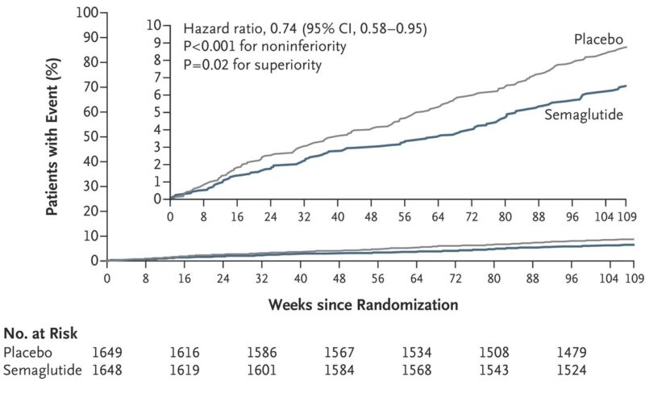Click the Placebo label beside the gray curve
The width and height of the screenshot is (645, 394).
click(598, 39)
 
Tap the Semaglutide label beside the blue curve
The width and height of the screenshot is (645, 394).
click(584, 115)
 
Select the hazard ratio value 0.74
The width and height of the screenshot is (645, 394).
click(283, 28)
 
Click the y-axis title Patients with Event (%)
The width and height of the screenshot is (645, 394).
click(52, 136)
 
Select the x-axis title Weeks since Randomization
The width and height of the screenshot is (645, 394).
click(364, 305)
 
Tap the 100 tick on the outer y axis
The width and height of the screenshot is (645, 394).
click(87, 13)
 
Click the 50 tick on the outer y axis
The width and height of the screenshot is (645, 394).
click(91, 136)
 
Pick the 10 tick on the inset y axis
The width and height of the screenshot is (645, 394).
click(154, 25)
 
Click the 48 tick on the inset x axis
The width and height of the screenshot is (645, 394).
click(371, 217)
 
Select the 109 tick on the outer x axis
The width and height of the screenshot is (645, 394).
click(635, 279)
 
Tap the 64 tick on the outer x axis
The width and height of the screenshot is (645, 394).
click(416, 279)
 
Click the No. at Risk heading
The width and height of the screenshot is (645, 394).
click(41, 333)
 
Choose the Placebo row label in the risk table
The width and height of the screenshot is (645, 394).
click(28, 352)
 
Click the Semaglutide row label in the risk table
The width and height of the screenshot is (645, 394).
click(43, 370)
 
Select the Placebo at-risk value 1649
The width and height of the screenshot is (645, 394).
click(107, 352)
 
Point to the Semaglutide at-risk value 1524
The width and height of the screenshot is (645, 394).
click(572, 370)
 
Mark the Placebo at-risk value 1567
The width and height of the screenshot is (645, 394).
click(339, 352)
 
